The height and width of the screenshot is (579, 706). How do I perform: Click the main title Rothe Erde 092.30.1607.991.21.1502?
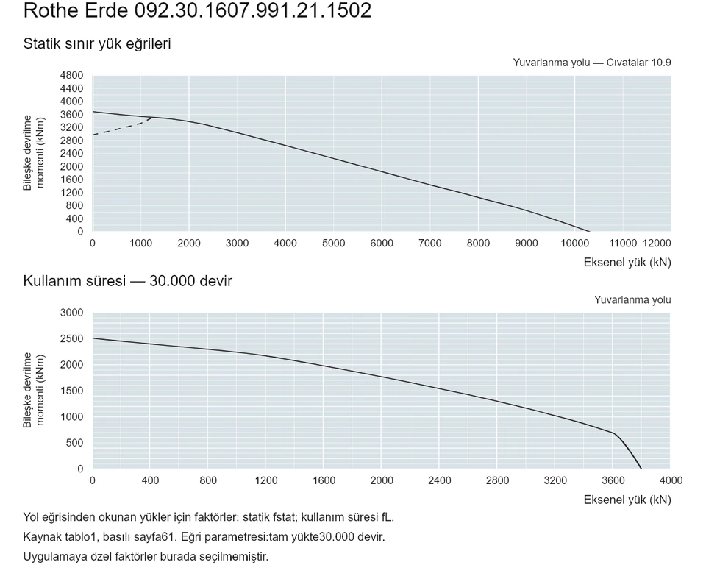point(197,10)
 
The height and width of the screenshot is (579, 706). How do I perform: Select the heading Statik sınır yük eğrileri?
point(97,43)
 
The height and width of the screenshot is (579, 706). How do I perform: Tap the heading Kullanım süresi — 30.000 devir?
point(127,281)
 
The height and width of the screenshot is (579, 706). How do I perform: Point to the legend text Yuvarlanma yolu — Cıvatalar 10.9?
point(591,63)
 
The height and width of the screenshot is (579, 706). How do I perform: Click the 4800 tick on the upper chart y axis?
point(71,75)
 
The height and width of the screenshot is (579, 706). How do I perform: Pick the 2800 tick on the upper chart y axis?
point(71,141)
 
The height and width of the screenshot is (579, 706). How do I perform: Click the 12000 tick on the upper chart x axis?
point(657,244)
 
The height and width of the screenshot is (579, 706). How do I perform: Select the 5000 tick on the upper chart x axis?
point(334,244)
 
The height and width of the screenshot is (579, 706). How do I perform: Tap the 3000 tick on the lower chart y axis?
point(71,313)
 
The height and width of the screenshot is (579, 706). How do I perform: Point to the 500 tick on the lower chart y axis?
point(75,443)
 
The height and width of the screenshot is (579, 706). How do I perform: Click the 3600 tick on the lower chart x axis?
point(613,480)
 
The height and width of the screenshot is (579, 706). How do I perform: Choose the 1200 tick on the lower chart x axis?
point(266,480)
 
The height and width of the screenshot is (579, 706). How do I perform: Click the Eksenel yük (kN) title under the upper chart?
point(627,263)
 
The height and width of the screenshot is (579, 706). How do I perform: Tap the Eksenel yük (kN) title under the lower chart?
point(627,500)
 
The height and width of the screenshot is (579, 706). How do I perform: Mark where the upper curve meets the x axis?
point(589,231)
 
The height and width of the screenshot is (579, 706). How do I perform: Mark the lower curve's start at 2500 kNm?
point(93,338)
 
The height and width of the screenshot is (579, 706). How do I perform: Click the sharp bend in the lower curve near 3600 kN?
point(614,433)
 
